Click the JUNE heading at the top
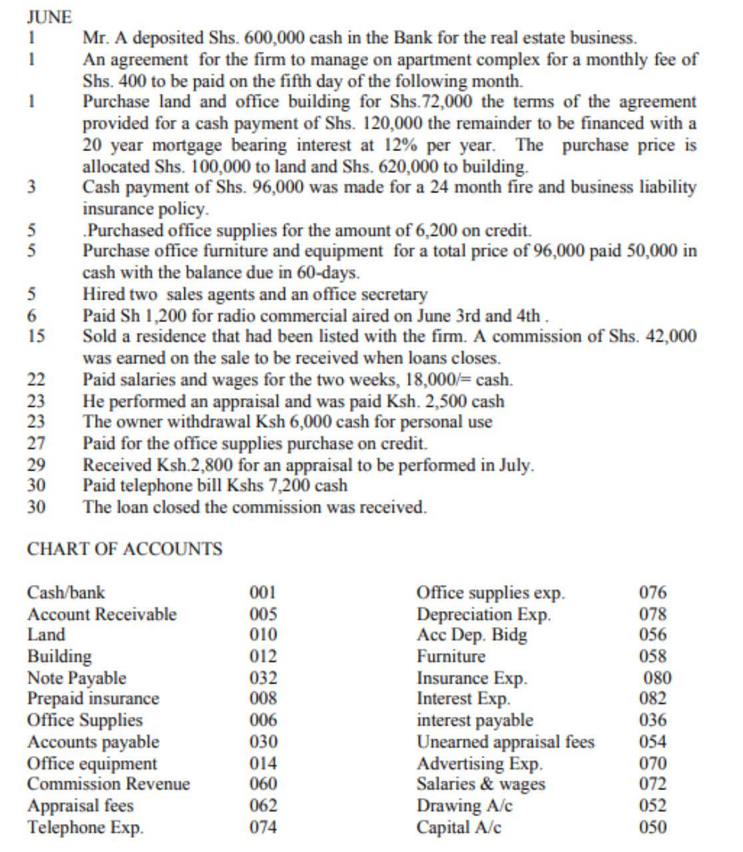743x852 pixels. (50, 17)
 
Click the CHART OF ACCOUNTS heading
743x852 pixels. (124, 549)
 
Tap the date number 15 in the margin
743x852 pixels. (36, 337)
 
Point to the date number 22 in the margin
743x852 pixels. (36, 380)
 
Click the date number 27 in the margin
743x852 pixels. (36, 443)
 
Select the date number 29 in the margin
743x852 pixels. (36, 465)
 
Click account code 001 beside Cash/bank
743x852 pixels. (263, 592)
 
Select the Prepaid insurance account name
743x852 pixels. (93, 699)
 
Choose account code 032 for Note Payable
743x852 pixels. (263, 678)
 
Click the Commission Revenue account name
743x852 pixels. (109, 784)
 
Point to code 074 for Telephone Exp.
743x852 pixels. (263, 827)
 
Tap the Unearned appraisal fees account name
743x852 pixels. (505, 742)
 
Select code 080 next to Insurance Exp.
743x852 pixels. (657, 678)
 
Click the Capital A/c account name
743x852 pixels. (459, 827)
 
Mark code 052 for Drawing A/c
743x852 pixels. (652, 805)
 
